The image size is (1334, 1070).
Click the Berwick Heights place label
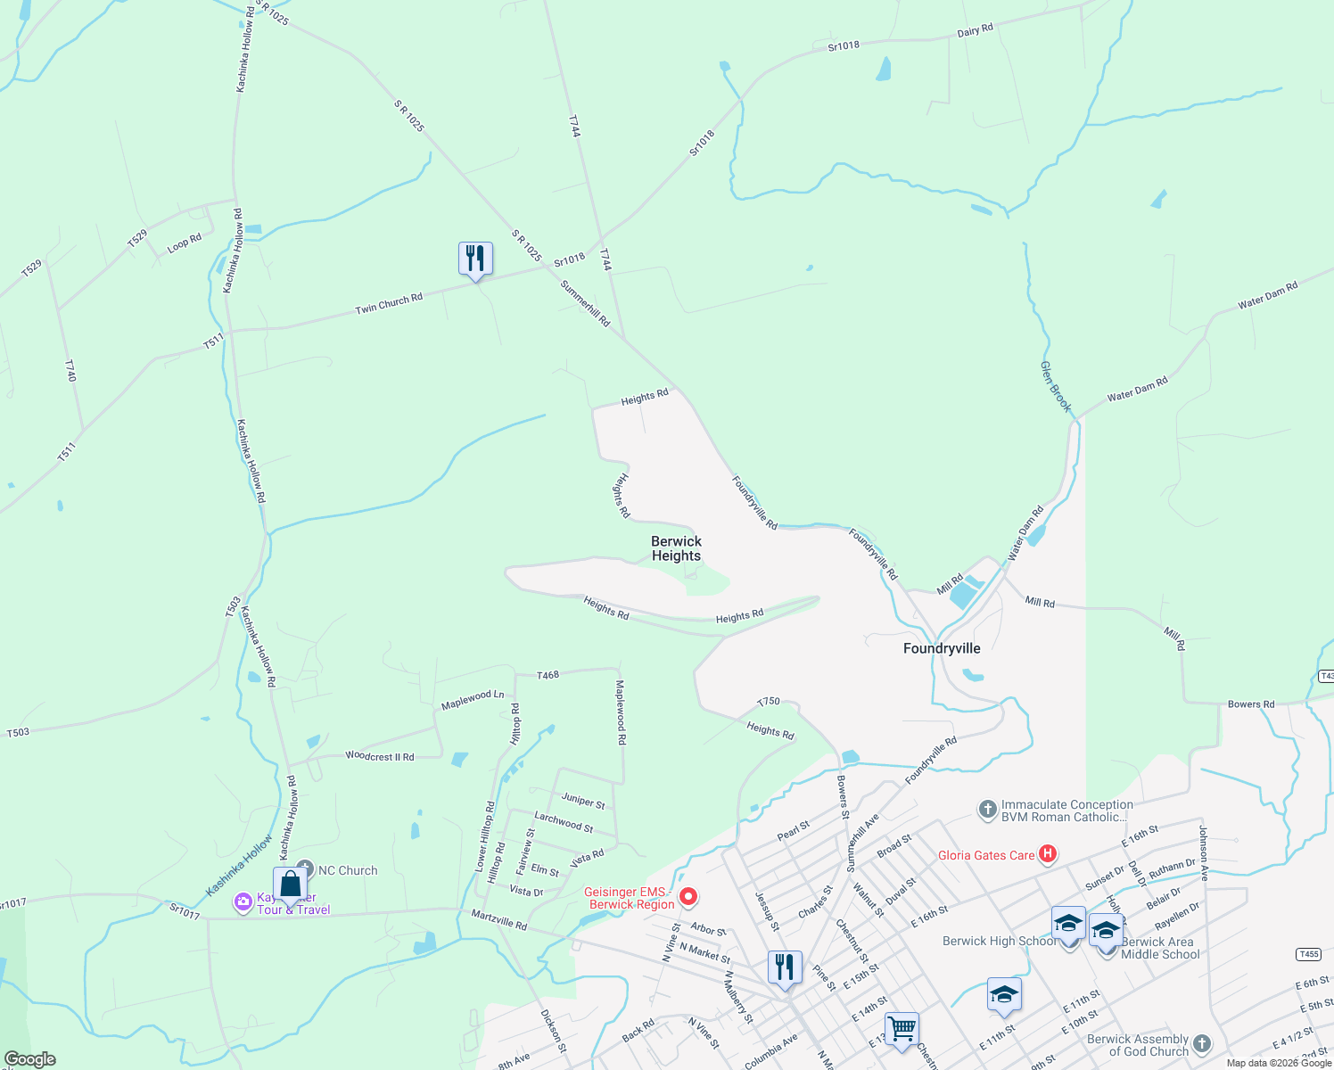pos(676,548)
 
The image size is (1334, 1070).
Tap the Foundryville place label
pos(942,648)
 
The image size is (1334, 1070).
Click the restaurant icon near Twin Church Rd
pos(475,259)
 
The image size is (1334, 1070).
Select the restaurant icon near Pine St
pos(785,967)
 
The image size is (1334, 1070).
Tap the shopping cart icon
pos(902,1030)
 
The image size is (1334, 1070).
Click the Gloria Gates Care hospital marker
pos(1048,854)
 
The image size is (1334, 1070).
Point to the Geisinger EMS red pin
pos(688,896)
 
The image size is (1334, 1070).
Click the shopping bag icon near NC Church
pos(291,885)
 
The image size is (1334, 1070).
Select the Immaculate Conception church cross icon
pos(987,810)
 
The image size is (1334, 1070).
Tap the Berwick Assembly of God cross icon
pos(1202,1044)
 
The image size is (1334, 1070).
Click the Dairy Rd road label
pos(975,31)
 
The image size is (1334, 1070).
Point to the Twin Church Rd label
pos(389,304)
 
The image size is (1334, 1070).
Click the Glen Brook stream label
pos(1056,386)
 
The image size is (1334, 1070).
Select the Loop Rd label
pos(185,243)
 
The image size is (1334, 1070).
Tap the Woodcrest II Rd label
pos(380,756)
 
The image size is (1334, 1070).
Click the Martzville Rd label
pos(499,920)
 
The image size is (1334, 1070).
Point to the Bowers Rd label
pos(1251,704)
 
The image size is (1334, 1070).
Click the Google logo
pos(30,1059)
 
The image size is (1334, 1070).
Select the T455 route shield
pos(1308,954)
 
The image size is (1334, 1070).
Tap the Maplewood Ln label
pos(473,700)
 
